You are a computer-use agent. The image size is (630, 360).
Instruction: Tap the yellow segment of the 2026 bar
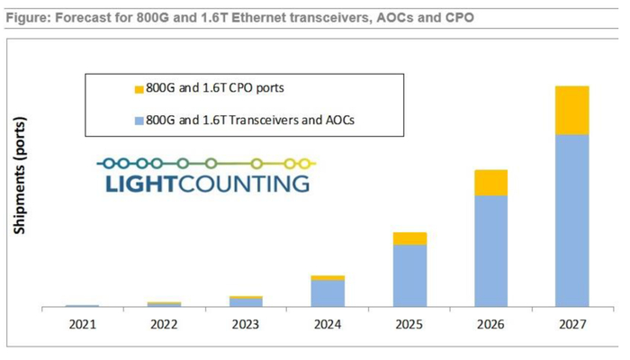pos(490,183)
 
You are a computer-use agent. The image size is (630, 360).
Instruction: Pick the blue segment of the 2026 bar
pos(490,252)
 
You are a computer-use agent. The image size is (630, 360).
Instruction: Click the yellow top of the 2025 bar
pos(409,238)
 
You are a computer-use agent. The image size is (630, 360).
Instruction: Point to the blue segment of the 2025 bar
pos(409,276)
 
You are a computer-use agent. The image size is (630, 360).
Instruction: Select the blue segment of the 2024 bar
pos(328,293)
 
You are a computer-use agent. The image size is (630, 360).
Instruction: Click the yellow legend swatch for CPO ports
pos(138,89)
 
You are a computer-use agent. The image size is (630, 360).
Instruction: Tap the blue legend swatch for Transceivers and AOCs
pos(138,119)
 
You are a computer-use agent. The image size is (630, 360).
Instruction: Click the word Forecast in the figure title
pos(79,17)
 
